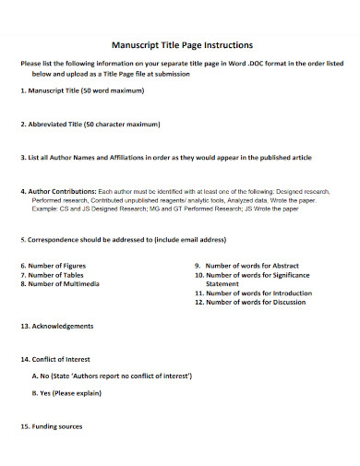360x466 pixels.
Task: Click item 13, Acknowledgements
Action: (56, 326)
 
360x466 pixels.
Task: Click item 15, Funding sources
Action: (52, 426)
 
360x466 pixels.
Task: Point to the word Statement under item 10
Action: (222, 283)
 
